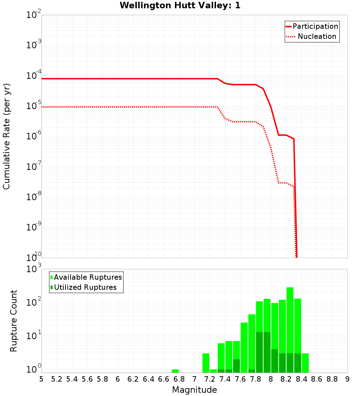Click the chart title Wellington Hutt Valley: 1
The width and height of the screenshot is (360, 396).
pos(180,5)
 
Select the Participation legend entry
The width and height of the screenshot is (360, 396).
pos(312,27)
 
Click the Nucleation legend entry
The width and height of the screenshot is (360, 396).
pos(312,37)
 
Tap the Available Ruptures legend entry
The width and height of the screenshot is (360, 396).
pos(86,278)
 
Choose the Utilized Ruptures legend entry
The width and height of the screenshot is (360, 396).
pos(84,288)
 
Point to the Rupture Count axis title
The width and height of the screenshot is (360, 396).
pos(14,321)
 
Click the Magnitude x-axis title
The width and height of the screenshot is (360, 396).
pos(194,390)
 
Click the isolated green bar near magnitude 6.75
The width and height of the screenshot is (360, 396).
pos(175,371)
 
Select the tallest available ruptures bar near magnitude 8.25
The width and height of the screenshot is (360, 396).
pos(290,329)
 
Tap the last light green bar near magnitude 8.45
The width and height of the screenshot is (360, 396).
pos(305,363)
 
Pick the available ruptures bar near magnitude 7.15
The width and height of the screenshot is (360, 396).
pos(206,363)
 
